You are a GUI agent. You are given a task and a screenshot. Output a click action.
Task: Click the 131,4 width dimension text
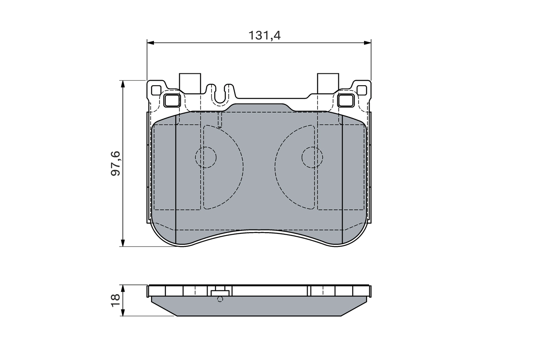pos(265,35)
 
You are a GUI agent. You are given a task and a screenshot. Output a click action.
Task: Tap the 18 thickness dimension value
pos(115,300)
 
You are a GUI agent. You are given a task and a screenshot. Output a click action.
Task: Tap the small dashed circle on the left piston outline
pos(205,157)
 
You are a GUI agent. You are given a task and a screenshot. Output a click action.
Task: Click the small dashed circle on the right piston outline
pos(312,157)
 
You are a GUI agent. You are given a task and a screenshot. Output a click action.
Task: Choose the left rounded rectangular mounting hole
pos(172,100)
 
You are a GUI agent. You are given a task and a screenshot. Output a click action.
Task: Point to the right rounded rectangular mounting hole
pos(346,100)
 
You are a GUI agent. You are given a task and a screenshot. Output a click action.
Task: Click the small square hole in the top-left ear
pos(156,90)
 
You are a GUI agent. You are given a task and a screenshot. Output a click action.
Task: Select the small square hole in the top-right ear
pos(362,90)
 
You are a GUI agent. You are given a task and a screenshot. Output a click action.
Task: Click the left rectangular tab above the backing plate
pos(190,82)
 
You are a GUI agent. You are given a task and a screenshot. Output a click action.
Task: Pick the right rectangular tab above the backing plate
pos(328,82)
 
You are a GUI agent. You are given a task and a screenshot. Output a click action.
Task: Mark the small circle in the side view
pos(219,299)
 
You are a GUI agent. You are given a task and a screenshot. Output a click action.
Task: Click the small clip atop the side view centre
pos(219,291)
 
